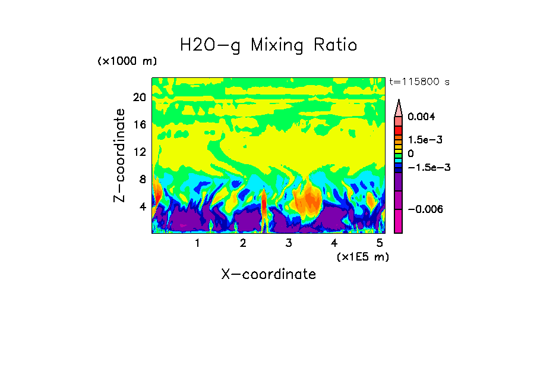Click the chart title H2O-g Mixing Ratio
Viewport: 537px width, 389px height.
(268, 45)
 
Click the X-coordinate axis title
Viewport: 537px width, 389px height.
(268, 274)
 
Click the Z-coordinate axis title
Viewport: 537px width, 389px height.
(121, 155)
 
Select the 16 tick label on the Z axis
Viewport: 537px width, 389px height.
(140, 124)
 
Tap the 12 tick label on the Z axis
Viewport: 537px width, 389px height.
(140, 152)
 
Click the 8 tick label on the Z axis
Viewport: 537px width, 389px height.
(143, 179)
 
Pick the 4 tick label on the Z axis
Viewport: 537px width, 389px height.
(143, 206)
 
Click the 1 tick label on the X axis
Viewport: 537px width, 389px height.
(197, 243)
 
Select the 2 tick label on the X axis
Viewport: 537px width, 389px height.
(243, 243)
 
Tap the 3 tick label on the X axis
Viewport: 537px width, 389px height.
(289, 243)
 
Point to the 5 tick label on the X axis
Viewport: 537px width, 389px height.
(380, 243)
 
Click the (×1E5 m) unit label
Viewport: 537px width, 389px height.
(362, 256)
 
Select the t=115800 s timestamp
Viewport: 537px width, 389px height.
(419, 81)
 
